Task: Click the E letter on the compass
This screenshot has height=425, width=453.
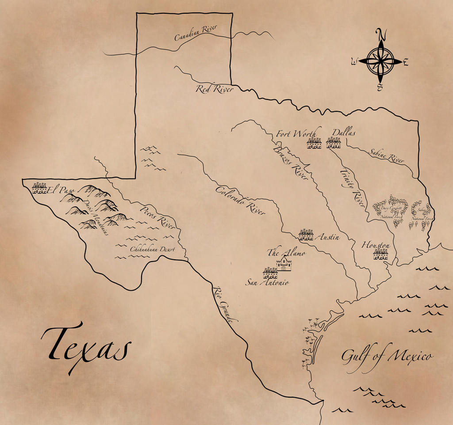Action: point(406,62)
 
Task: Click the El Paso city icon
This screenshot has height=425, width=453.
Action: point(39,189)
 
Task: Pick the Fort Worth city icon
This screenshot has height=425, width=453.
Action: point(314,143)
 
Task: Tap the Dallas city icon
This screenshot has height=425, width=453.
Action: point(334,142)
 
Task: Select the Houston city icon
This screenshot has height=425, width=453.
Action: point(380,254)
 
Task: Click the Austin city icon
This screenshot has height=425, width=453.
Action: point(306,235)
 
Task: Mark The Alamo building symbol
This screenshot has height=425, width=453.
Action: point(284,264)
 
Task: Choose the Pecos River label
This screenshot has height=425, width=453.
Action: point(158,217)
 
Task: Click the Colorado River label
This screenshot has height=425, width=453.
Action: point(240,200)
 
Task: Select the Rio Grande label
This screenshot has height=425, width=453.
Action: point(226,304)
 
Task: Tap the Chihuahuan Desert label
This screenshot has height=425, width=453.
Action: point(152,250)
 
